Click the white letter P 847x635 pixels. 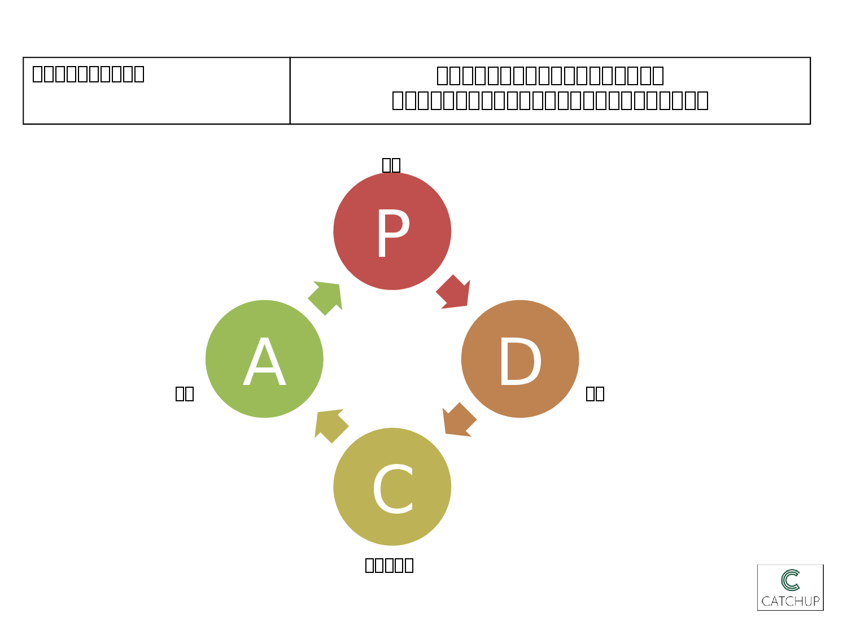392,233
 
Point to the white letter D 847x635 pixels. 520,362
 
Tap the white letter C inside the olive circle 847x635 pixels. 393,489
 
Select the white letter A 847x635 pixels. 264,362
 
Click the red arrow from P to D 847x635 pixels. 453,292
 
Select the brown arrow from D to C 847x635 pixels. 459,420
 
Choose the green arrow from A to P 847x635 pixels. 326,297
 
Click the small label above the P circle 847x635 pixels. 391,165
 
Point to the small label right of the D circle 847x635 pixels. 595,393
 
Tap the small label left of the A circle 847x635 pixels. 185,393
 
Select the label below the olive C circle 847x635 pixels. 390,565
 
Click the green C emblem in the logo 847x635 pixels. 791,580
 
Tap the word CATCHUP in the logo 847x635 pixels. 791,601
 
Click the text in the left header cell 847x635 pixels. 89,74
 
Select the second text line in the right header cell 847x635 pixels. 550,100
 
